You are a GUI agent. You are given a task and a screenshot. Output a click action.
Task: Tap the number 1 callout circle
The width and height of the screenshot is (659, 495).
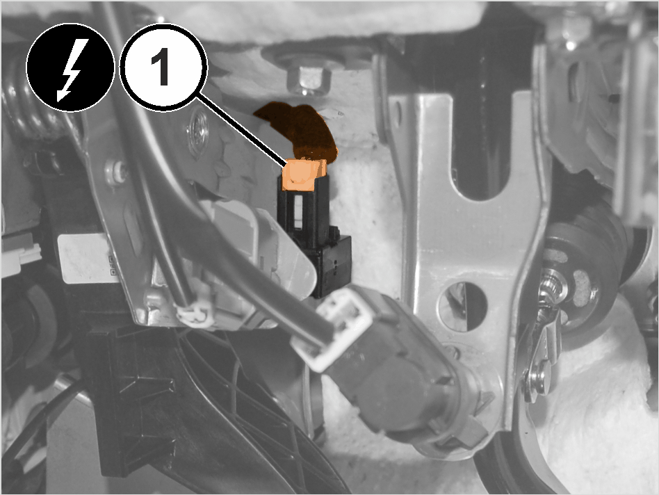pos(163,67)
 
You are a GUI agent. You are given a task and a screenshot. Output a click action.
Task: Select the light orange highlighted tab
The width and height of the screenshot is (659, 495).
pos(304,175)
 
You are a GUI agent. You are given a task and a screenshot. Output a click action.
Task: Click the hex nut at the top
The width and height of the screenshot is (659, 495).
pos(309,81)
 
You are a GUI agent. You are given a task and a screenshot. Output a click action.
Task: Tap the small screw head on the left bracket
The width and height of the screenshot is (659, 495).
pos(116,172)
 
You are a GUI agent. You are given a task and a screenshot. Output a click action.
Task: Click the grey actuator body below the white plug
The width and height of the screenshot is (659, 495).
pos(403,378)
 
